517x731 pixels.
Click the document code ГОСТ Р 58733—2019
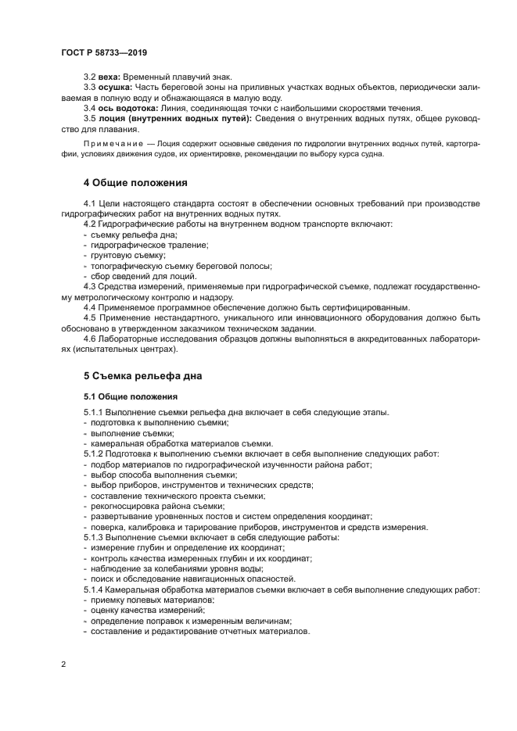click(103, 52)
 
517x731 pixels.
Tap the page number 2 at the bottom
click(63, 663)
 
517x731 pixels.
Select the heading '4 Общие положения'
click(135, 183)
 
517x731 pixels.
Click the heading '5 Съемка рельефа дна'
click(142, 375)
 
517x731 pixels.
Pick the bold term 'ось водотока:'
click(126, 108)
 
